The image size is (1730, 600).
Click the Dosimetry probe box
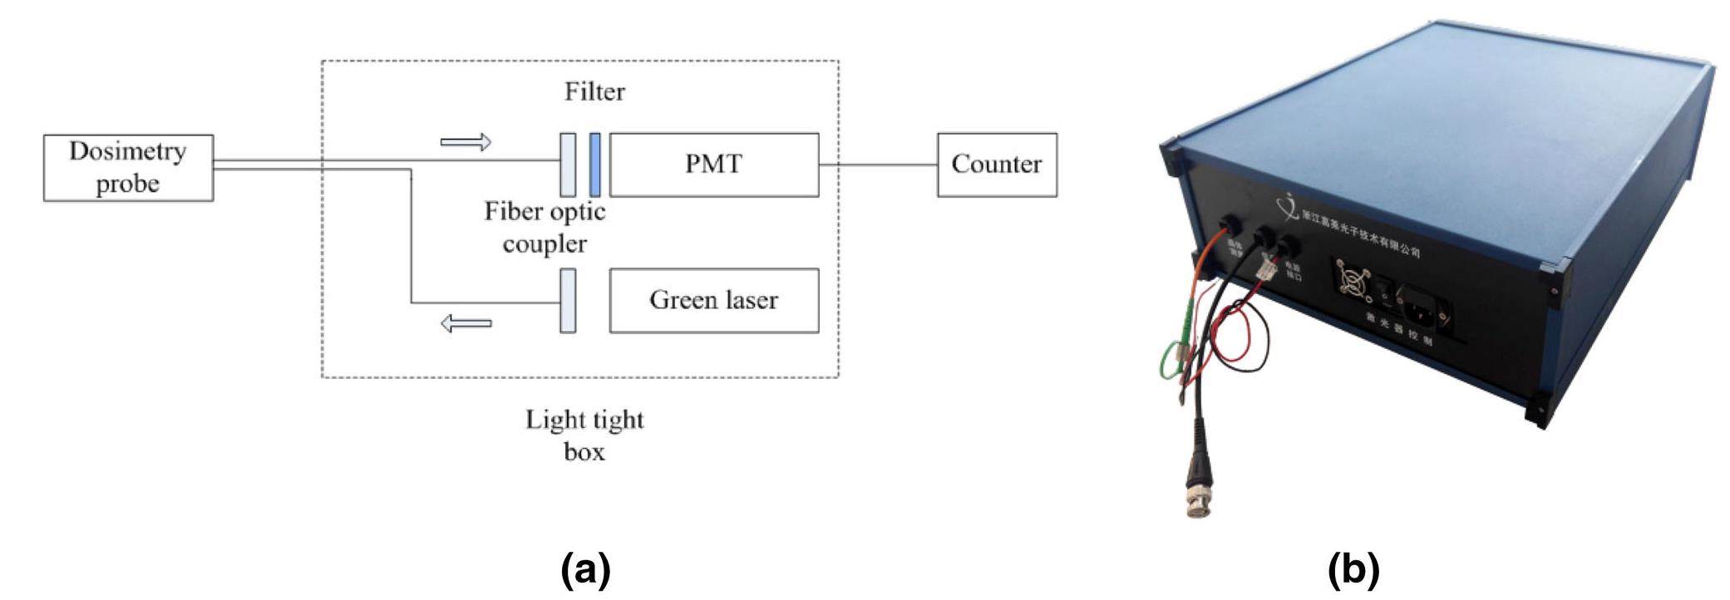click(x=128, y=168)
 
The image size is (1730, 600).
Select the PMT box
click(x=713, y=165)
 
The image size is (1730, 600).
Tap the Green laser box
click(x=713, y=300)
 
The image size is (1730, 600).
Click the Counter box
click(x=996, y=165)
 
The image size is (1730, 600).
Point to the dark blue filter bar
click(x=594, y=165)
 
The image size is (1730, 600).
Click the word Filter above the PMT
click(x=594, y=91)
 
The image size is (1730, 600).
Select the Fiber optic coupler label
click(x=545, y=227)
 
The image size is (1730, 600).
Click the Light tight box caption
click(x=584, y=435)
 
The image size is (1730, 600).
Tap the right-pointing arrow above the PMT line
click(x=466, y=142)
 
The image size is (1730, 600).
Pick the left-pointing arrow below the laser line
click(x=466, y=323)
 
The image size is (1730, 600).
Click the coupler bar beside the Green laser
click(x=568, y=300)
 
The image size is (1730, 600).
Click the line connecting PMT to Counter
click(x=878, y=165)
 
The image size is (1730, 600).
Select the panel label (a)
click(x=586, y=571)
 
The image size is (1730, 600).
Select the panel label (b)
click(x=1353, y=571)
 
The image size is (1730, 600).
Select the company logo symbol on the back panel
click(x=1289, y=204)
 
